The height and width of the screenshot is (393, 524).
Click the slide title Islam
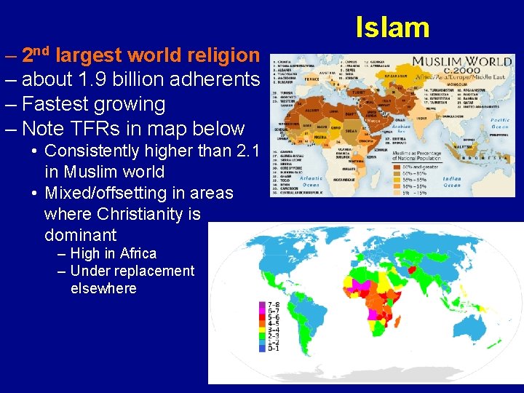[x=392, y=28]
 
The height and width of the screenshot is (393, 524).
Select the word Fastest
[x=63, y=104]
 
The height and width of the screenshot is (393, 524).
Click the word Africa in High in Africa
[x=138, y=254]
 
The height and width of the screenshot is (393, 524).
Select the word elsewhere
[x=103, y=288]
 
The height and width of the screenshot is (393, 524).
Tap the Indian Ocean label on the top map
[x=452, y=181]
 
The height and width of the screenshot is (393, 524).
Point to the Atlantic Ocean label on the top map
[x=311, y=181]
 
